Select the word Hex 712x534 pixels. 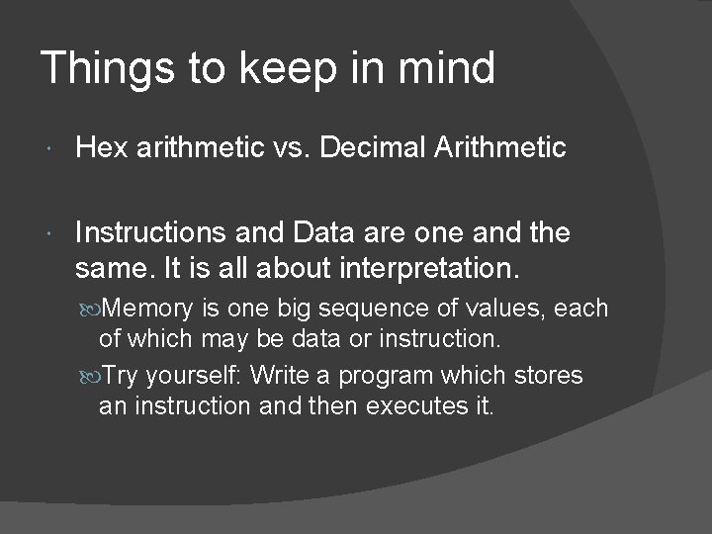[97, 148]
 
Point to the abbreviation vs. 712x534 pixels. [287, 148]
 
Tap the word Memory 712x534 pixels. [148, 309]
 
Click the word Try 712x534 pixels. [123, 376]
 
